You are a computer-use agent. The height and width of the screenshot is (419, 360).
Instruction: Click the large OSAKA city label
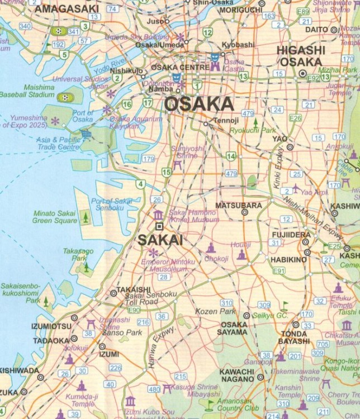(198, 104)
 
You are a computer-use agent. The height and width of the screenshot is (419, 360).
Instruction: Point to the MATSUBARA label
(239, 206)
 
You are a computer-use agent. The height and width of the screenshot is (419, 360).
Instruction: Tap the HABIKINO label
(289, 260)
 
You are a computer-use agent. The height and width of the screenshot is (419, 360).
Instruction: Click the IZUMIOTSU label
(44, 326)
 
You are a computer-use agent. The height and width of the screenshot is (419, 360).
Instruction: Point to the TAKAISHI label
(133, 289)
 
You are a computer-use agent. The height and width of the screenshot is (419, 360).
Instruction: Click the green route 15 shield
(167, 172)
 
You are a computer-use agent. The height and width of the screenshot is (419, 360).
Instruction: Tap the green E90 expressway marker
(135, 310)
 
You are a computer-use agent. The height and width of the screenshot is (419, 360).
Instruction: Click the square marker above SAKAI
(159, 226)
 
